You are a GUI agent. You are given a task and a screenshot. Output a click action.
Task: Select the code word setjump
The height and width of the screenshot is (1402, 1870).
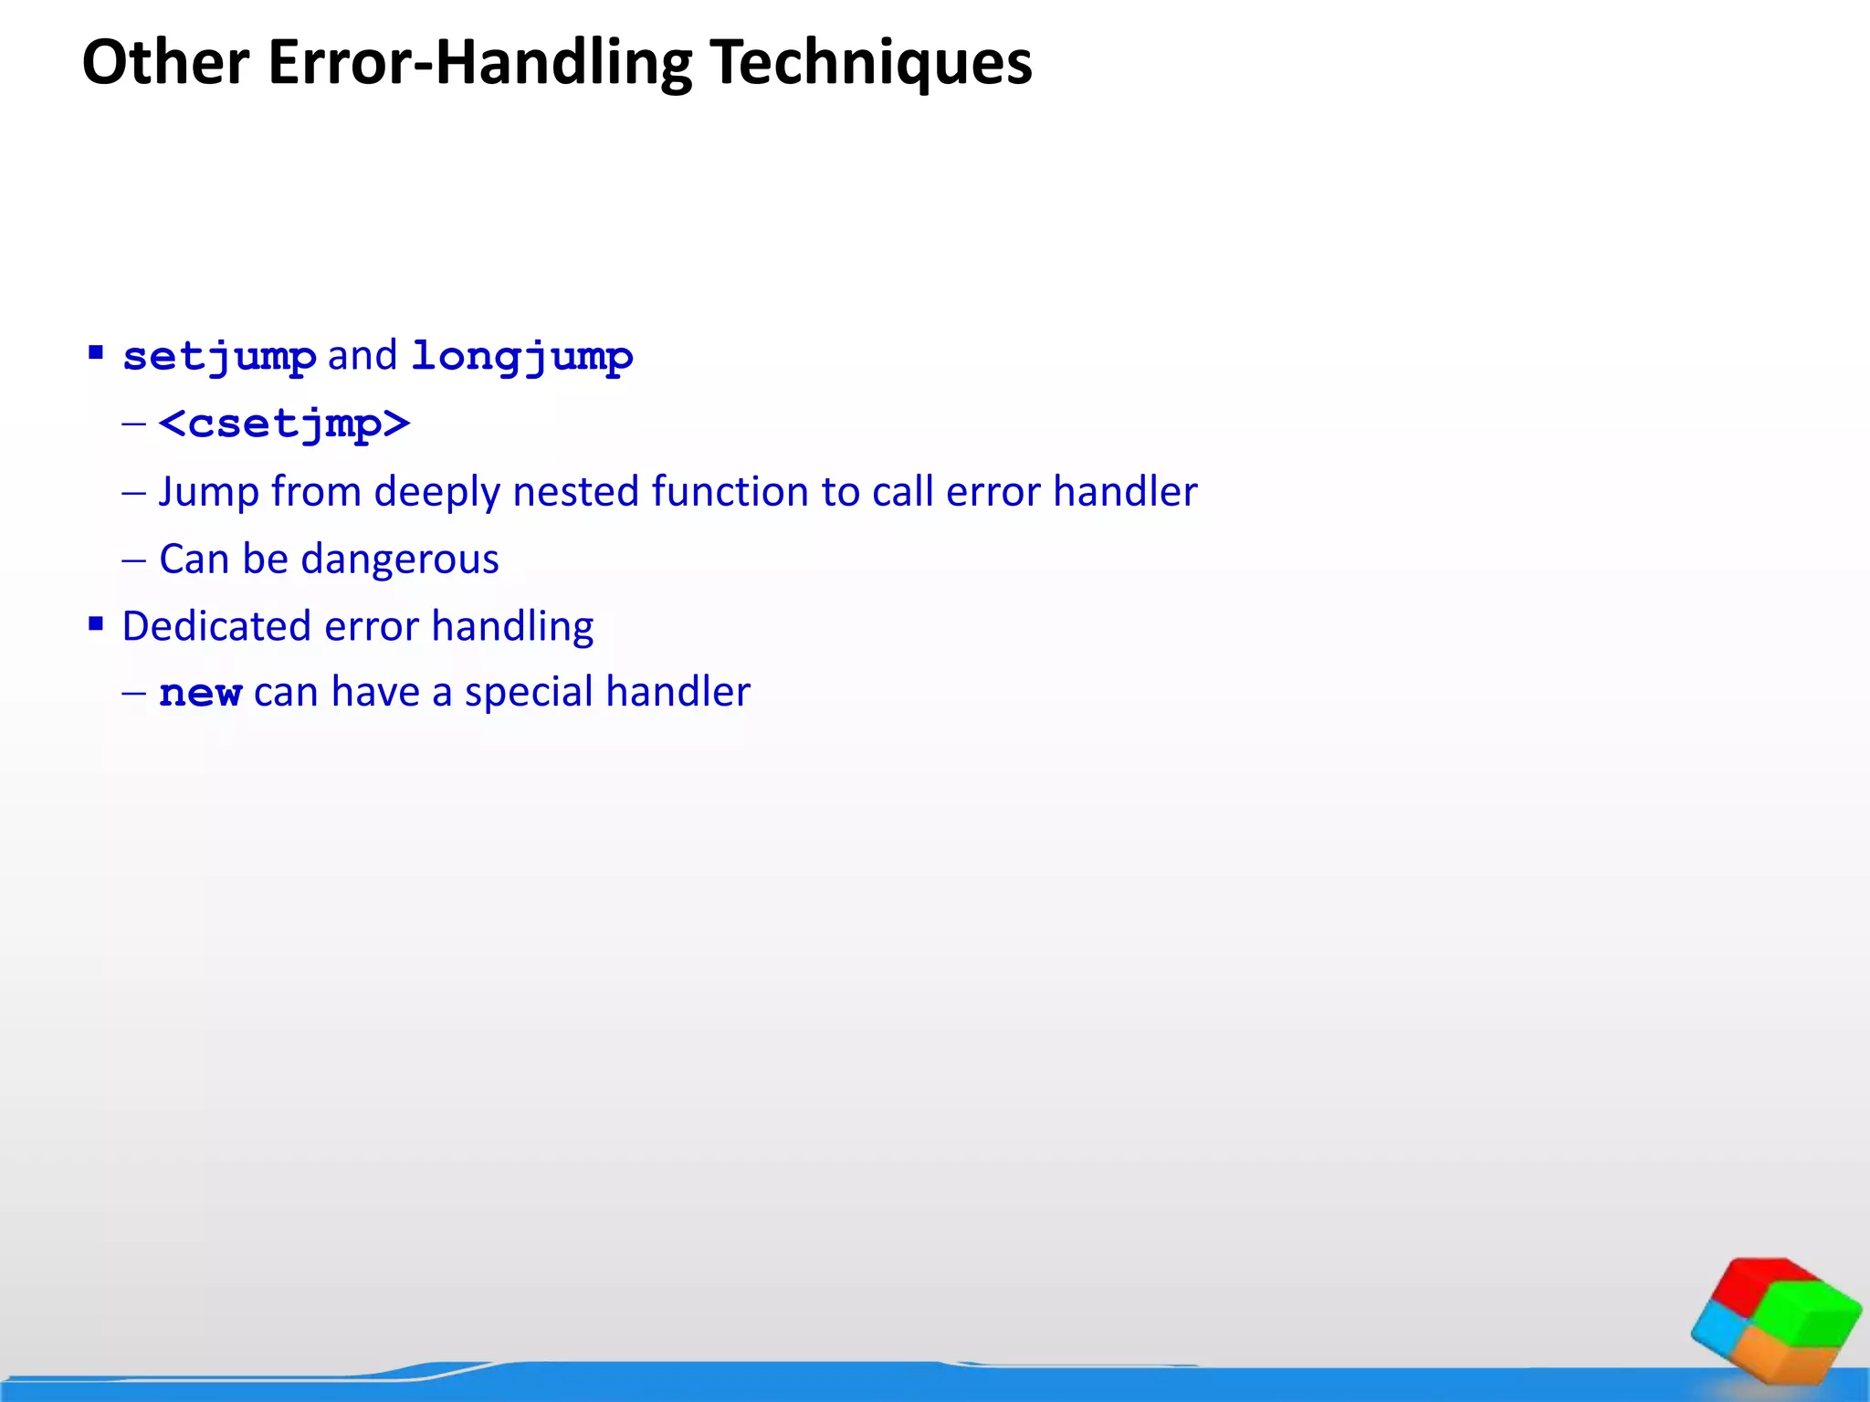click(219, 356)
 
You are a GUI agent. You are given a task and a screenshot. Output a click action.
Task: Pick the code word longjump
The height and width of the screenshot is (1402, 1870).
click(521, 356)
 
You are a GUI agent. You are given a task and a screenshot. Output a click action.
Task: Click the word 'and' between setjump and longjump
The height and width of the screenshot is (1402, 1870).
click(362, 356)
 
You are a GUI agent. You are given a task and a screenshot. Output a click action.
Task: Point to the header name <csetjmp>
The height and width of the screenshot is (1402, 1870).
click(284, 424)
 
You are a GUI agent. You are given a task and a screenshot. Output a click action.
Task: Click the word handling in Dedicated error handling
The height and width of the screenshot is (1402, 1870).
click(512, 626)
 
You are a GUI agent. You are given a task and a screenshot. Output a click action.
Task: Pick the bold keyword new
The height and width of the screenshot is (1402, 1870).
click(200, 693)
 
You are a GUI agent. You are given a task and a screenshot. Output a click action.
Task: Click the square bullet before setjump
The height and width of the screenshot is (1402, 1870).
click(96, 352)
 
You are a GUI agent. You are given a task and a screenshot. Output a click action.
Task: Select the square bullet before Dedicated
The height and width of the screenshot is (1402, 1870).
click(96, 624)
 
